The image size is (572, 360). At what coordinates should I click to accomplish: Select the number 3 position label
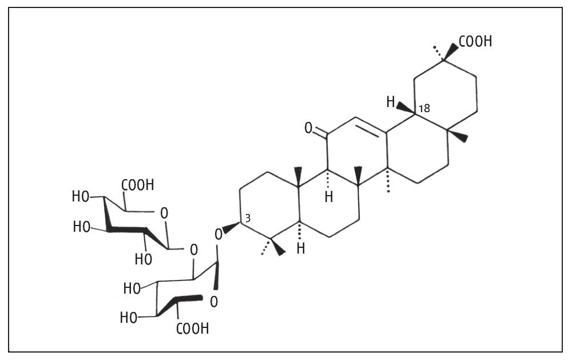[248, 218]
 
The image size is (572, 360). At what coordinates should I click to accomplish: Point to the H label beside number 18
[391, 103]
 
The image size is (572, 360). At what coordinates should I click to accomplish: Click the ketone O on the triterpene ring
[308, 128]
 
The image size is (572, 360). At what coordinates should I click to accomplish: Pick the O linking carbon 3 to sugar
[218, 234]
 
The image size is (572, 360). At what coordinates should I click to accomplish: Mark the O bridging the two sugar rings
[193, 250]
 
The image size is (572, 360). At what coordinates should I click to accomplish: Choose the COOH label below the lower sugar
[192, 329]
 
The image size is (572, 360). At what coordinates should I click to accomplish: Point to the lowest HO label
[129, 317]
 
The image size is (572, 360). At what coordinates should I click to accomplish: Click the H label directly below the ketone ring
[328, 197]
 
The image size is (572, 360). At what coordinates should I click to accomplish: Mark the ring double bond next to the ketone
[372, 127]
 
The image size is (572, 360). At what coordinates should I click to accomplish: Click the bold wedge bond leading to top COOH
[451, 50]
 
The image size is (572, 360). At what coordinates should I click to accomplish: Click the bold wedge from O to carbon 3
[231, 228]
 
